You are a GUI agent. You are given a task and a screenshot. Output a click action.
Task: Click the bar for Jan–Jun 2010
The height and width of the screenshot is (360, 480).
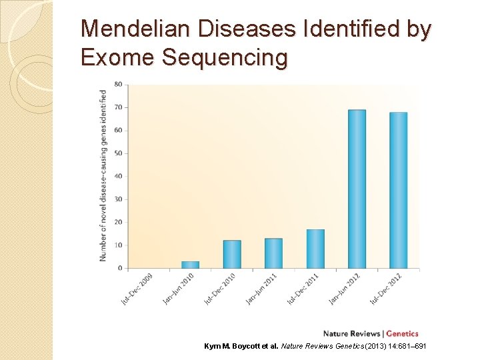click(190, 265)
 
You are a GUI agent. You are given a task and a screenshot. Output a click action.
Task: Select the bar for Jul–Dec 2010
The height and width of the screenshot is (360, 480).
click(232, 255)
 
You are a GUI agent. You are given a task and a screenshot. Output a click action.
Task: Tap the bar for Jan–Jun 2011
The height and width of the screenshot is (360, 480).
click(273, 253)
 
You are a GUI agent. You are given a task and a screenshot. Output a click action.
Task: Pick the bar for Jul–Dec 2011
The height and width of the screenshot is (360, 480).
click(315, 249)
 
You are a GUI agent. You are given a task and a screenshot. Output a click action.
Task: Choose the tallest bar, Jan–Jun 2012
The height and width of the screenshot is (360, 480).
click(357, 189)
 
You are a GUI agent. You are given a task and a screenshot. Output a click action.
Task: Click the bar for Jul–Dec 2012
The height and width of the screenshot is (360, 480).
click(398, 191)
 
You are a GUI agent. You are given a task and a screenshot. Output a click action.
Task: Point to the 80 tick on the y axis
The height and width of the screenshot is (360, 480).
click(118, 84)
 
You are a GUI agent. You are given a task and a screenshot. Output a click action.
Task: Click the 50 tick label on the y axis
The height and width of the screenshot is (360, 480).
click(118, 153)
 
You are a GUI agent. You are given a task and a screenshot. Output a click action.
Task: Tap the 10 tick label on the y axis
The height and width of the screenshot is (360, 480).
click(118, 245)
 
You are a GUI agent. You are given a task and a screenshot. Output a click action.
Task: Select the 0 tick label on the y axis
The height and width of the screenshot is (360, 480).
click(120, 268)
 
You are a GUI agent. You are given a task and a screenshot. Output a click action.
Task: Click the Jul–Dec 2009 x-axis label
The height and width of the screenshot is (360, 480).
click(137, 289)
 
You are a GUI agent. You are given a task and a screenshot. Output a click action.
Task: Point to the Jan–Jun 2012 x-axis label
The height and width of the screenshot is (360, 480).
click(345, 289)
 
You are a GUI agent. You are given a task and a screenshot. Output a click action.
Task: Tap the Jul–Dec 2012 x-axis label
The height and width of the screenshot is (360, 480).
click(386, 289)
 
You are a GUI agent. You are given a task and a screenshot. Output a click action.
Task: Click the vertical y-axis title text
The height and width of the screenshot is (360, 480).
click(103, 175)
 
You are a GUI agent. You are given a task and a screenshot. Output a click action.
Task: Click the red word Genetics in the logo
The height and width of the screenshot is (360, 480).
click(403, 333)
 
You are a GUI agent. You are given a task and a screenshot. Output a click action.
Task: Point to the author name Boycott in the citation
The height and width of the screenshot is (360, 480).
click(251, 347)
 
